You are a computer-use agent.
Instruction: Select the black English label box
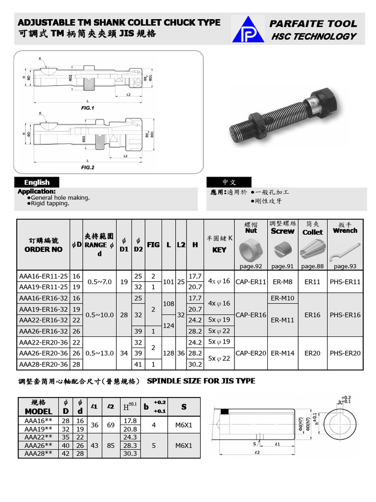(x=37, y=182)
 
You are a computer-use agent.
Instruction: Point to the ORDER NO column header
(x=43, y=249)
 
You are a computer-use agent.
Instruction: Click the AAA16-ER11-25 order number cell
(x=44, y=276)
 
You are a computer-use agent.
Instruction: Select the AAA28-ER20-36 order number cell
(x=44, y=364)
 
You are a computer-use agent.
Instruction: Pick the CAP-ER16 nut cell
(x=251, y=315)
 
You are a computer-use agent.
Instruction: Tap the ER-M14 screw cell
(x=282, y=353)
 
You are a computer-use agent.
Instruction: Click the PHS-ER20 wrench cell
(x=345, y=353)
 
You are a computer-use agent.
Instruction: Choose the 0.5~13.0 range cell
(x=100, y=353)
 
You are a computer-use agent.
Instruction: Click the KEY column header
(x=219, y=250)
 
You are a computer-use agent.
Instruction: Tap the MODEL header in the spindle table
(x=38, y=411)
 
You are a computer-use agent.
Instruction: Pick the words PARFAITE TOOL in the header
(x=314, y=24)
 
